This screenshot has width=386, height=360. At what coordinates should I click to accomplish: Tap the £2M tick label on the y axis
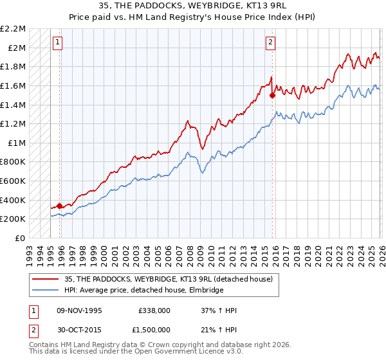pos(17,48)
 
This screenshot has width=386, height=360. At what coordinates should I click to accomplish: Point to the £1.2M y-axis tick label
pos(14,123)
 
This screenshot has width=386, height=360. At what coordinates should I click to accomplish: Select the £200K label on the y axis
pos(14,219)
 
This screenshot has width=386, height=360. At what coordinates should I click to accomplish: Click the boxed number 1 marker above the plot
pos(57,43)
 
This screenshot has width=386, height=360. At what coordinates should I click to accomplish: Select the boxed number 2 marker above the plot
pos(270,43)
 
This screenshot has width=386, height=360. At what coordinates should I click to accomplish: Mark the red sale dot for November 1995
pos(60,206)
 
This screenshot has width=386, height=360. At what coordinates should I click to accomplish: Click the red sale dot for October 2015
pos(272,95)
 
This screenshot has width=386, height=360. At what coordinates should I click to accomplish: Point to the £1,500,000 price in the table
pos(155,329)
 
